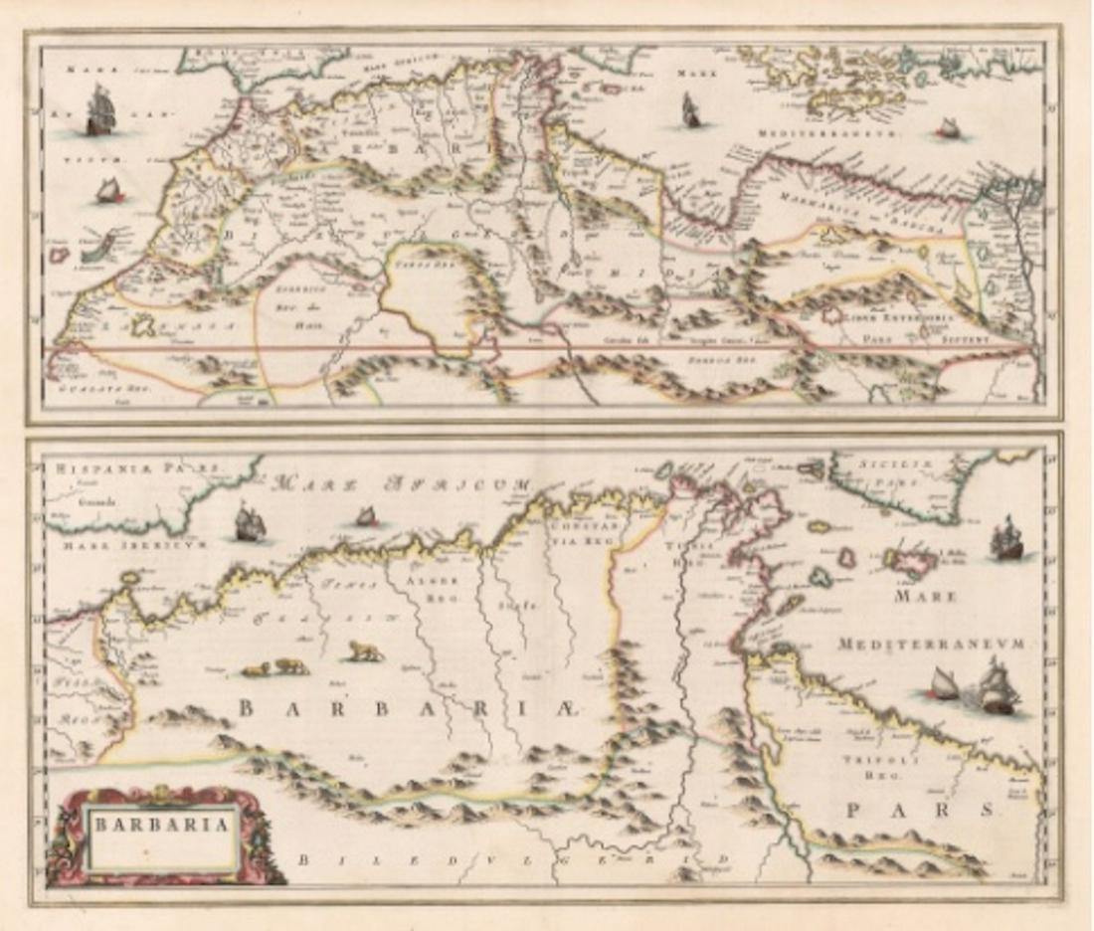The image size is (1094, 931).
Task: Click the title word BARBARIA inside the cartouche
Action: (x=161, y=824)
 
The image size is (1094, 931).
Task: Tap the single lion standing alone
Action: (x=365, y=652)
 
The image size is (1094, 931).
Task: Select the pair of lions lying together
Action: (x=274, y=667)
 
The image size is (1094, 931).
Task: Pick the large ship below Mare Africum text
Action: (x=248, y=523)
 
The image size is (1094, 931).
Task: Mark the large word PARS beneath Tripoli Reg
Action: (x=919, y=811)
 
